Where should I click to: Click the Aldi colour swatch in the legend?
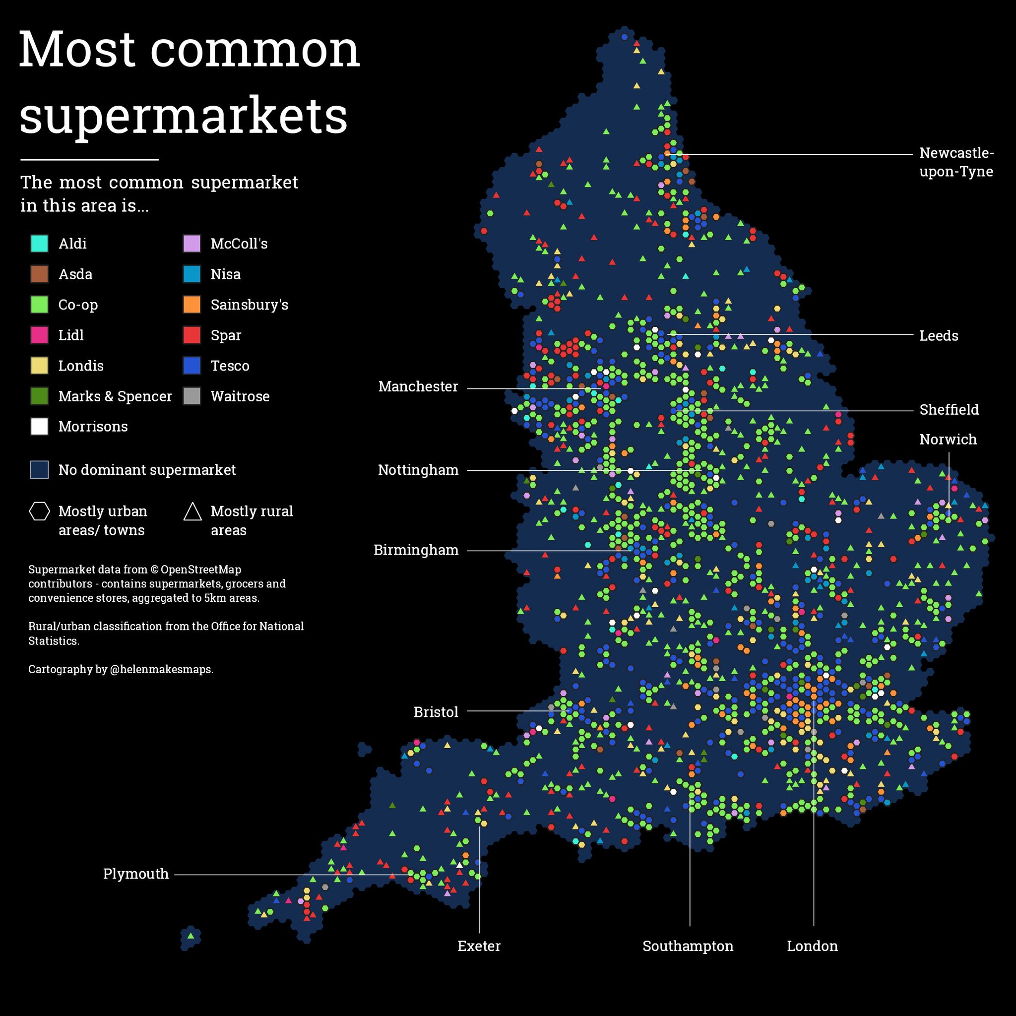40,244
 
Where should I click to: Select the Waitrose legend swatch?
192,396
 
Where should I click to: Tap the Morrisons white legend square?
40,427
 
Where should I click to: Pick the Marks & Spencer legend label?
115,396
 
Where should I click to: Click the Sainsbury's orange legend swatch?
192,305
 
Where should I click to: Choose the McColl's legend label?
239,244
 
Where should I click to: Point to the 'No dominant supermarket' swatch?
40,470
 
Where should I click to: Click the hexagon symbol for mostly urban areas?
40,511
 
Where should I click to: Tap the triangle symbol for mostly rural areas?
192,511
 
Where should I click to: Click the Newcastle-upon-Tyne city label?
956,162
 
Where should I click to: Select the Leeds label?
938,335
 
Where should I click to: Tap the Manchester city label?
418,386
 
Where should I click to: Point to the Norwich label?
948,439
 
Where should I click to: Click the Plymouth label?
135,874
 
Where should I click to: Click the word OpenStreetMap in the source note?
201,570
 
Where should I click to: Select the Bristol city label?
436,712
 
